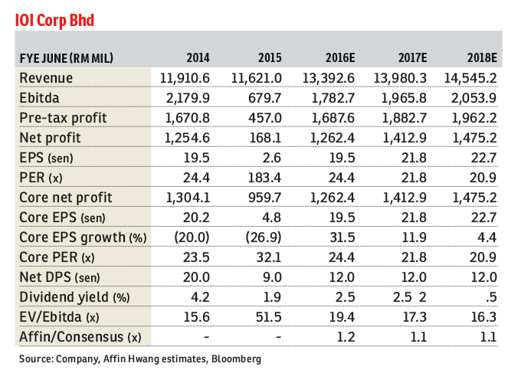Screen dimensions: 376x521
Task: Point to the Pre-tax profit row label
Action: click(63, 118)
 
